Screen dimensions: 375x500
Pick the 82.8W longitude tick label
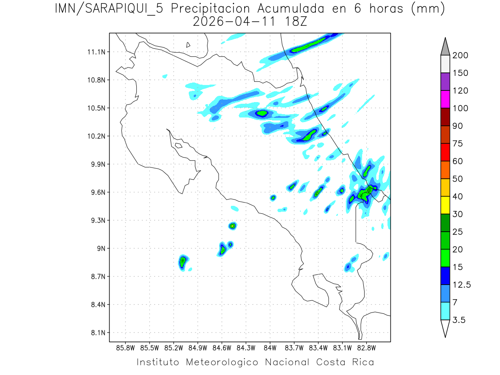pos(367,347)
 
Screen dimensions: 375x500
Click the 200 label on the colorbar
pos(460,55)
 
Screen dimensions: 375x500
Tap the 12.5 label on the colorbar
pos(461,285)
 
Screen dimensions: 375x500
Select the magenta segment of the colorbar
pos(445,99)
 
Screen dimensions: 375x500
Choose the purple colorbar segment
pos(445,82)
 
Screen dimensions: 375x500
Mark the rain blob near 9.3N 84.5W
pos(232,225)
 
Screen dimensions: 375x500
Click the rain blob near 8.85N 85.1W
pos(182,261)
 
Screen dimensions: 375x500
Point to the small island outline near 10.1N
pos(178,145)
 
